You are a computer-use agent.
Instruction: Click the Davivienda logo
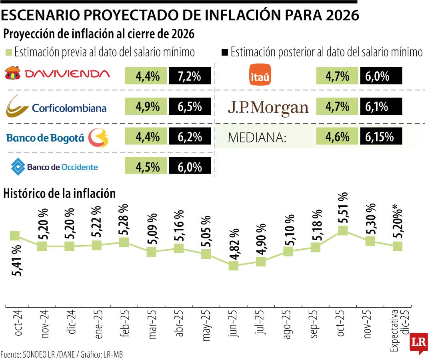tap(57, 74)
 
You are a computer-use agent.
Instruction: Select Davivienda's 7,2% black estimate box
tap(190, 76)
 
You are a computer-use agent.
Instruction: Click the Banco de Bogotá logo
tap(57, 138)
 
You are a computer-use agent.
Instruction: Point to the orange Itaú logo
tap(260, 74)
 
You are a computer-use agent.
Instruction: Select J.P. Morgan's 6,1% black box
tap(381, 107)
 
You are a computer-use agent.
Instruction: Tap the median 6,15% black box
tap(381, 137)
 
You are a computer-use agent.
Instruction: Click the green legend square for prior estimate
tap(8, 52)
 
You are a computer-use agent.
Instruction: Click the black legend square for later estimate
tap(224, 52)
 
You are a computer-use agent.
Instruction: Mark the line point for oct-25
tap(342, 230)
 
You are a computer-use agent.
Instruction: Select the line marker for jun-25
tap(233, 266)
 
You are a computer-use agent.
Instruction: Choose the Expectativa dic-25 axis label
tap(397, 330)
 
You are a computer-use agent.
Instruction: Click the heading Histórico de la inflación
tap(59, 194)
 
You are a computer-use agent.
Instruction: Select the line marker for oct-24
tap(15, 236)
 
